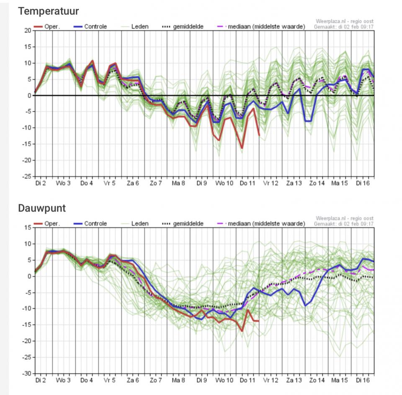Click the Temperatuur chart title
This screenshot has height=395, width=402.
[48, 11]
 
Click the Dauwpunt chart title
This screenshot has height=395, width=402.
[42, 208]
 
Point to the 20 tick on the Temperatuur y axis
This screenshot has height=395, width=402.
[28, 31]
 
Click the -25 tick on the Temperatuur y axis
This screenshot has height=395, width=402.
[27, 176]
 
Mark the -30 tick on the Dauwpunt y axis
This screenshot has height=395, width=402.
[27, 373]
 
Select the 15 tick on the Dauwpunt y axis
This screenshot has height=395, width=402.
[28, 227]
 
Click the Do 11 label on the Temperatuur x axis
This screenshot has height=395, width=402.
[247, 183]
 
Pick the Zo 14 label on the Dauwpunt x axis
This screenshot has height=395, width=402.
[317, 380]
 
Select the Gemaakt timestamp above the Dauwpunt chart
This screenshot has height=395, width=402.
[344, 224]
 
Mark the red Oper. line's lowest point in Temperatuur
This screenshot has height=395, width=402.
[242, 148]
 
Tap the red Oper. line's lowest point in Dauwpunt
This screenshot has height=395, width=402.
[242, 331]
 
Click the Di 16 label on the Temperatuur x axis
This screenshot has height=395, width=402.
[363, 183]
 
